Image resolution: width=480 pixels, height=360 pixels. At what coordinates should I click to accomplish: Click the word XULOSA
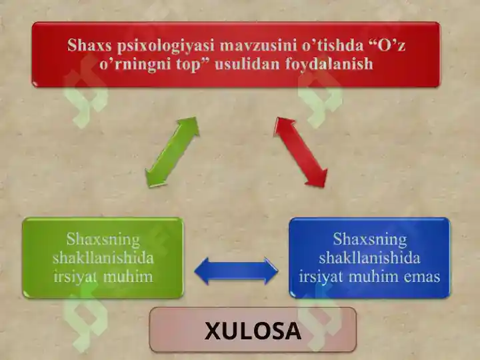pos(253,331)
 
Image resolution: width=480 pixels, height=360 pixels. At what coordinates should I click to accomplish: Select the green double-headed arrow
pos(172,151)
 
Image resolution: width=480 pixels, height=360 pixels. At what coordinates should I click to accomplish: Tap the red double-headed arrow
pos(301,152)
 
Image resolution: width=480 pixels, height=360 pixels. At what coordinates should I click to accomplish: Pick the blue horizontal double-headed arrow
pos(235,271)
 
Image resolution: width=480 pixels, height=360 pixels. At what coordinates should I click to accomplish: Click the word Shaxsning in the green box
pos(103,239)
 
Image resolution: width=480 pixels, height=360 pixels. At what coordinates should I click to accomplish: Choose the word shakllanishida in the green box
pos(103,257)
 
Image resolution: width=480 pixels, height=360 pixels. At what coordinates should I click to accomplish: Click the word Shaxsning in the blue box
pos(369,239)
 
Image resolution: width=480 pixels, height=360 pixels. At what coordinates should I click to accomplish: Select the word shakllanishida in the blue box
pos(369,257)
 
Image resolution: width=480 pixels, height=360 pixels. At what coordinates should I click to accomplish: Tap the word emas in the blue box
pos(420,276)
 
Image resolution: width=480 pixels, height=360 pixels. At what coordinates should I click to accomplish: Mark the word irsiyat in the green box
pos(77,276)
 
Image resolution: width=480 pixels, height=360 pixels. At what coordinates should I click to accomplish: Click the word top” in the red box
pos(204,64)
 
